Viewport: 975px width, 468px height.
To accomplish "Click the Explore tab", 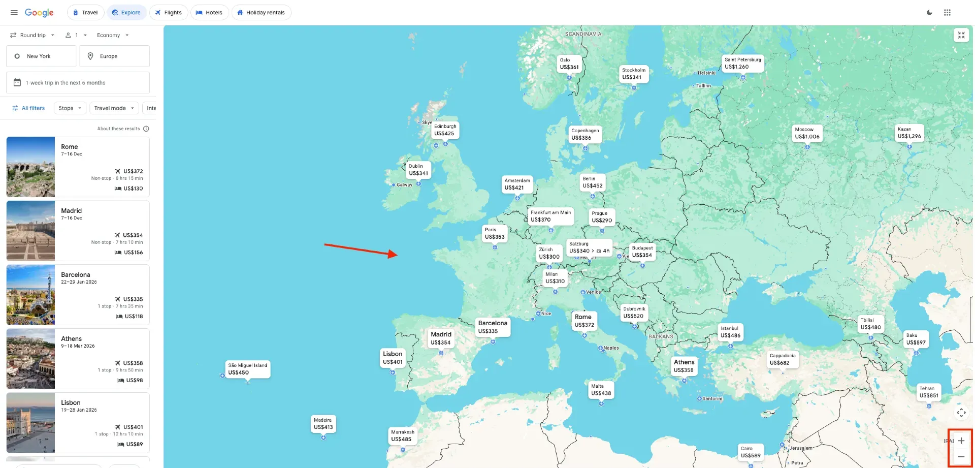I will click(x=126, y=13).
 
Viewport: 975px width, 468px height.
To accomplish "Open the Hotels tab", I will click(x=209, y=13).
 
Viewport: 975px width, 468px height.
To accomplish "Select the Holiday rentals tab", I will click(x=261, y=13).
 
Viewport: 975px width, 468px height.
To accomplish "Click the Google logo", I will click(x=39, y=13).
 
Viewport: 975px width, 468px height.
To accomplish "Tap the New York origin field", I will click(x=41, y=56).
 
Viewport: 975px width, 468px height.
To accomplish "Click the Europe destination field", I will click(x=114, y=56).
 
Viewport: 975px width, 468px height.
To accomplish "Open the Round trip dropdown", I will click(x=32, y=35).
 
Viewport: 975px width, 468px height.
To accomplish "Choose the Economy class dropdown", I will click(x=113, y=35).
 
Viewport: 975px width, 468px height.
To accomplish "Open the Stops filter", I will click(x=70, y=108).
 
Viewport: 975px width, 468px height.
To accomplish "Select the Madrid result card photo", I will click(x=30, y=231).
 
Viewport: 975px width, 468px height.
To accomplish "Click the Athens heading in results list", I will click(x=71, y=339).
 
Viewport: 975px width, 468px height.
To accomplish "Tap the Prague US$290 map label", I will click(x=602, y=217).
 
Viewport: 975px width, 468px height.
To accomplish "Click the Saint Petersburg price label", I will click(x=743, y=64).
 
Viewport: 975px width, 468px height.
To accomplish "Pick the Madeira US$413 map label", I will click(x=323, y=424).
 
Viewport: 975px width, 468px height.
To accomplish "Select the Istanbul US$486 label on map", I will click(x=730, y=332).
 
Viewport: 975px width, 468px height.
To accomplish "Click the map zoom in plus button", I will click(x=961, y=441).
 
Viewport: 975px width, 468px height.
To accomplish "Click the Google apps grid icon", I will click(x=947, y=13).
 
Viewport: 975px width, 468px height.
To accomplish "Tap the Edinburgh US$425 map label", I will click(x=445, y=130).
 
